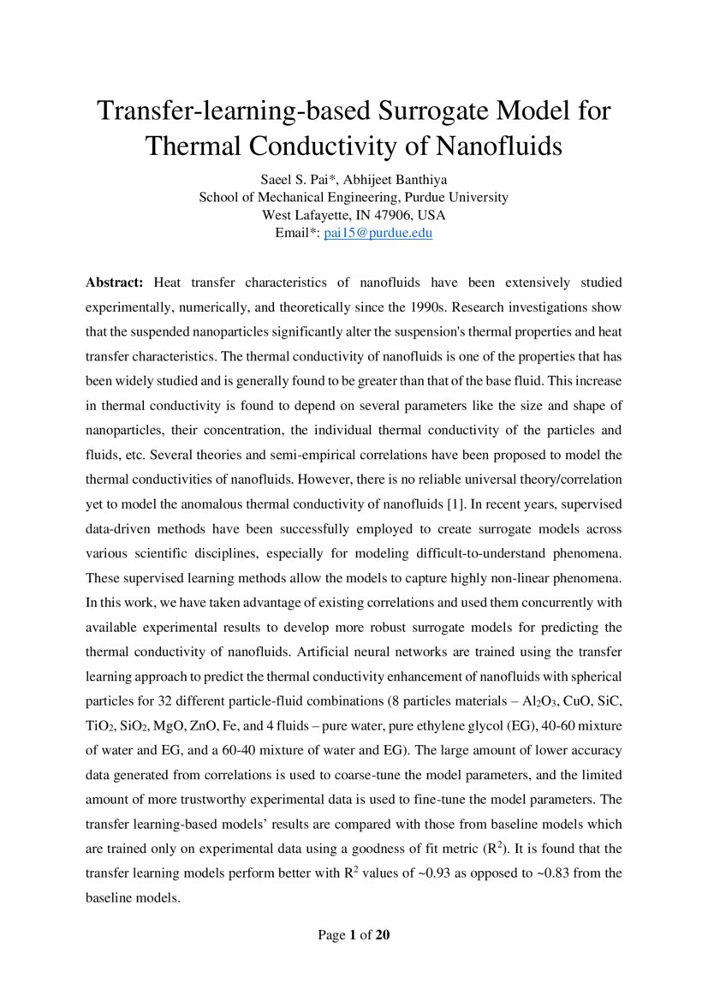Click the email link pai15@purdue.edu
pos(378,233)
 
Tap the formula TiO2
pos(101,725)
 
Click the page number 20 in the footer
pos(383,935)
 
